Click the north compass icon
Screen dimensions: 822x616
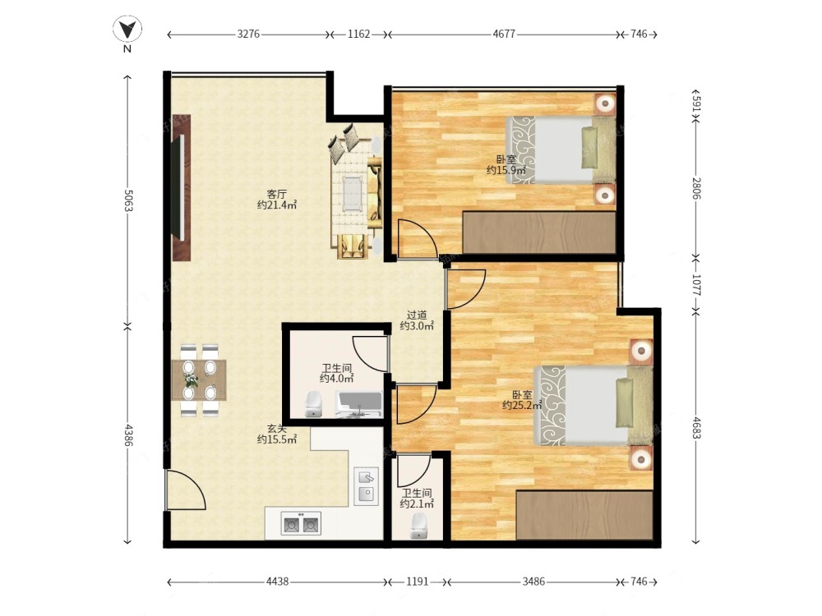pyautogui.click(x=127, y=30)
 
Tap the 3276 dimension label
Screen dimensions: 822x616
pyautogui.click(x=248, y=34)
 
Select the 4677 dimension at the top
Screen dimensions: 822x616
pyautogui.click(x=504, y=34)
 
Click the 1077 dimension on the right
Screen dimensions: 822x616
pyautogui.click(x=695, y=284)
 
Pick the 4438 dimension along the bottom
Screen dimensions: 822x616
pyautogui.click(x=277, y=582)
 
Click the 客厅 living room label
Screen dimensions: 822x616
pyautogui.click(x=277, y=194)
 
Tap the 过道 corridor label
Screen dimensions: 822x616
pyautogui.click(x=417, y=315)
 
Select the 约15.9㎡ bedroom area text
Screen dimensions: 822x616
pyautogui.click(x=506, y=170)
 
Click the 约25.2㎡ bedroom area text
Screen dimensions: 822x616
pyautogui.click(x=522, y=405)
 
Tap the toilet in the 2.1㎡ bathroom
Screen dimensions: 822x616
pyautogui.click(x=418, y=526)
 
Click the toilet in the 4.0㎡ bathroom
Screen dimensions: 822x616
pyautogui.click(x=313, y=404)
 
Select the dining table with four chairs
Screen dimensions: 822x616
pyautogui.click(x=199, y=379)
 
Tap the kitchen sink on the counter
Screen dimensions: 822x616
pyautogui.click(x=366, y=485)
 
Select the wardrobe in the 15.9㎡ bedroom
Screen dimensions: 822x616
pyautogui.click(x=539, y=232)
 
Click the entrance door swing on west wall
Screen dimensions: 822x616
pyautogui.click(x=184, y=490)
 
